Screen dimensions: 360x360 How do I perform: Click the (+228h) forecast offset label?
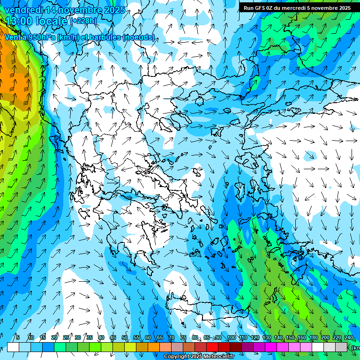point(83,21)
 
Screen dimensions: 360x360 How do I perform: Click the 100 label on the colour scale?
point(231,337)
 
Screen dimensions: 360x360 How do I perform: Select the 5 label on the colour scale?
point(18,337)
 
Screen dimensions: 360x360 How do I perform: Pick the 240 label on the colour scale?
point(349,337)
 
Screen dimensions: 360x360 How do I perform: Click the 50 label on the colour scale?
point(125,337)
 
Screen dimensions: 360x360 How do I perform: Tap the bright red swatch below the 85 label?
point(212,347)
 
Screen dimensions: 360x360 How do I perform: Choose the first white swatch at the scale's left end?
point(13,347)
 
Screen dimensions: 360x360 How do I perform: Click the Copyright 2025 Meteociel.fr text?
point(199,357)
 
